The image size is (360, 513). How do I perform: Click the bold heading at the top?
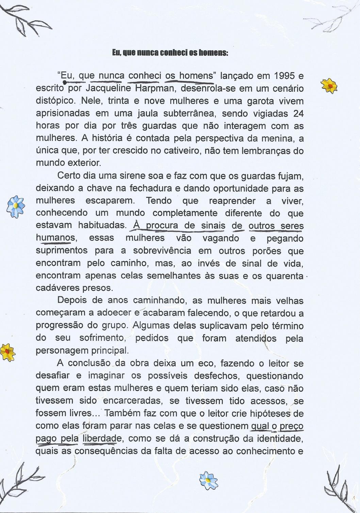pos(170,53)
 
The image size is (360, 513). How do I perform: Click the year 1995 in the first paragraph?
pos(286,75)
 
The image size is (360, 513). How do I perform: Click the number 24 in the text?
pos(298,113)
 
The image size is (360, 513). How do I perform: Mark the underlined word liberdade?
pos(102,439)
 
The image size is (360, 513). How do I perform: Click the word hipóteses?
pos(271,413)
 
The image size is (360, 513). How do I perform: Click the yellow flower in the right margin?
pos(329,85)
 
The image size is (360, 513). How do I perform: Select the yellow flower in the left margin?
pos(8,352)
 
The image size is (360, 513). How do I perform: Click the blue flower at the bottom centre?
pos(209,481)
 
